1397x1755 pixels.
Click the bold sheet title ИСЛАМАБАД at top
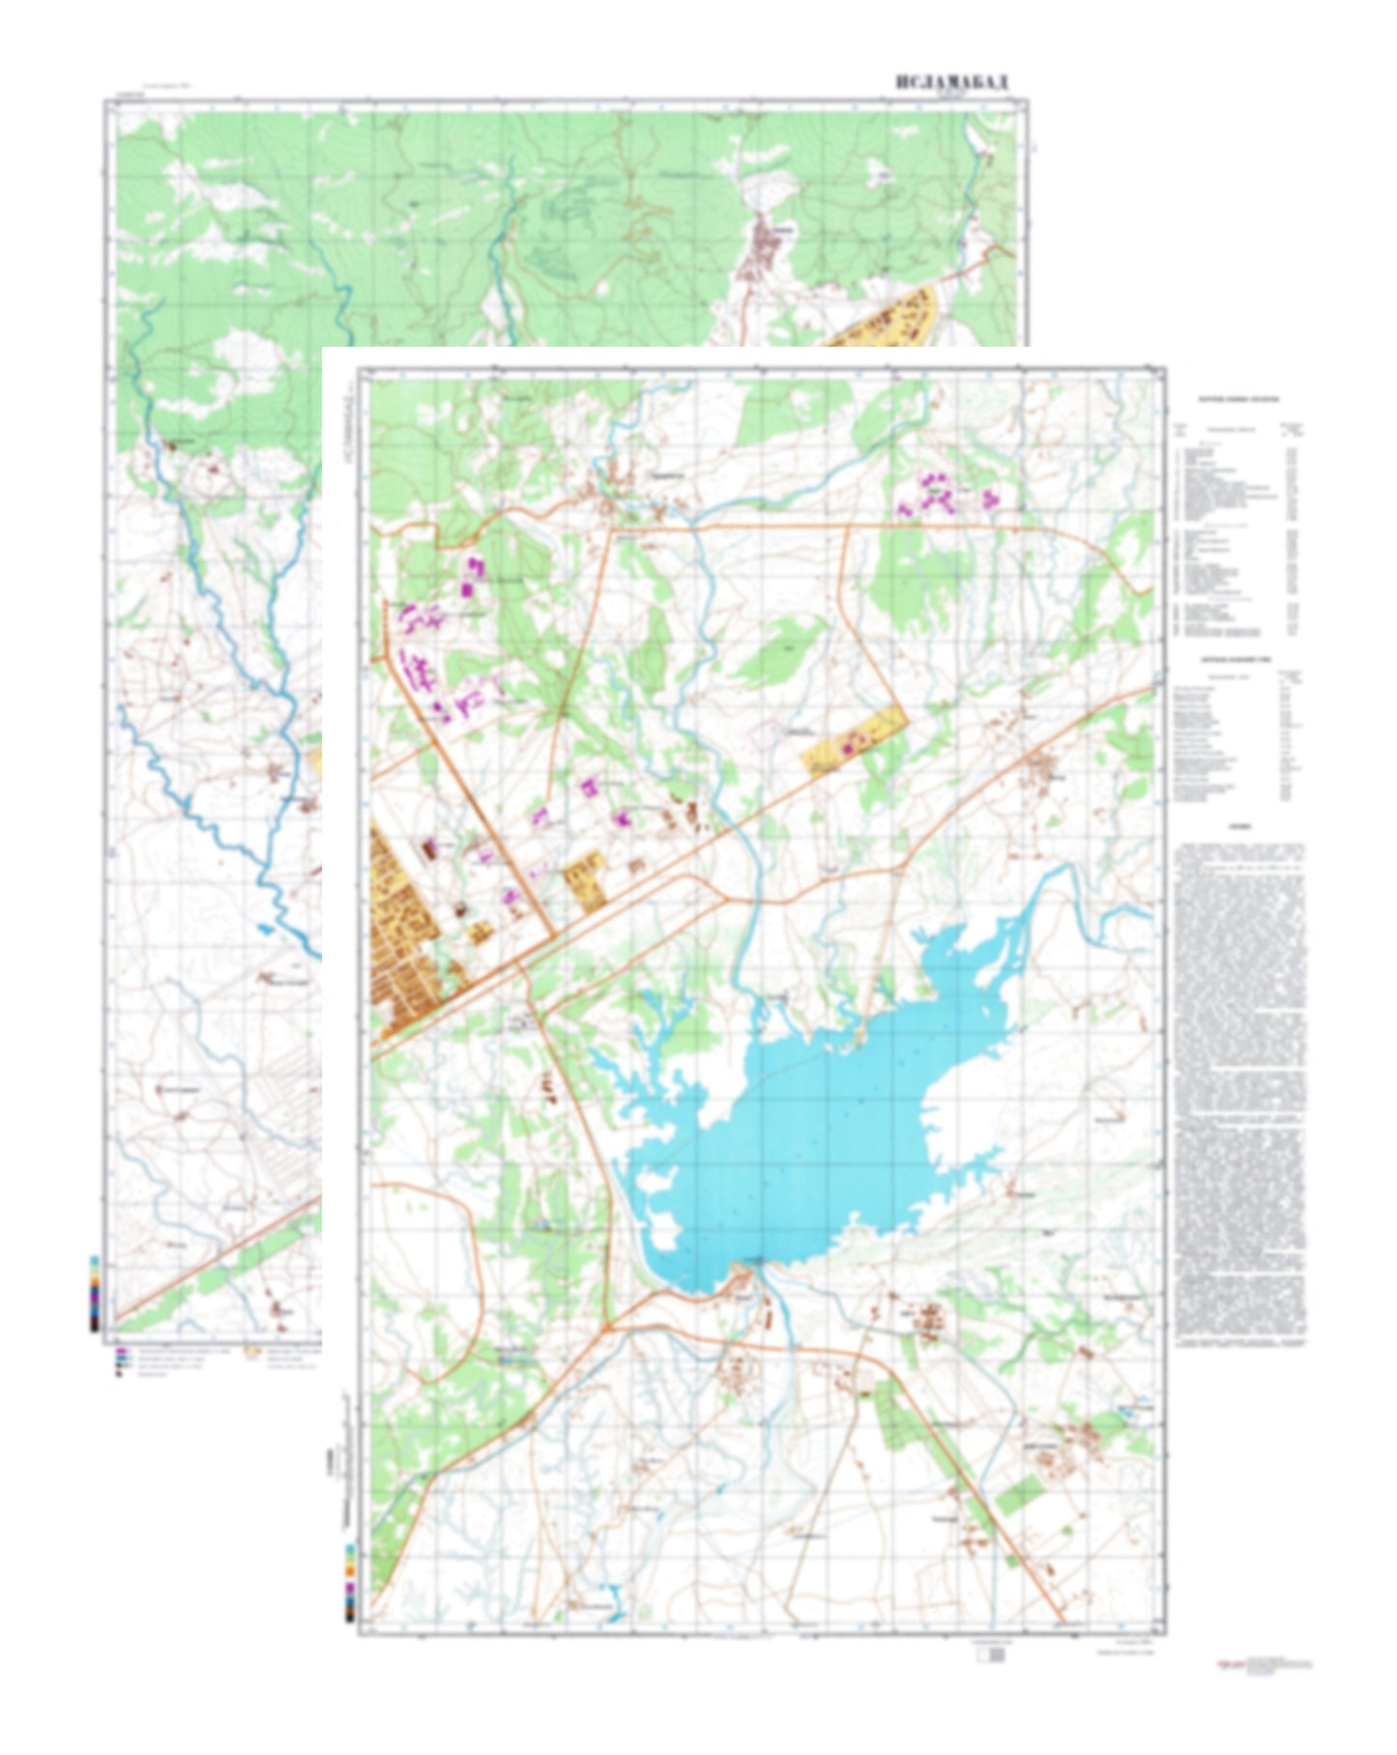tap(951, 82)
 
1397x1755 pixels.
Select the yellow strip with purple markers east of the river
tap(854, 741)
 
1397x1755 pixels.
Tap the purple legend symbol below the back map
tap(121, 1352)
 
